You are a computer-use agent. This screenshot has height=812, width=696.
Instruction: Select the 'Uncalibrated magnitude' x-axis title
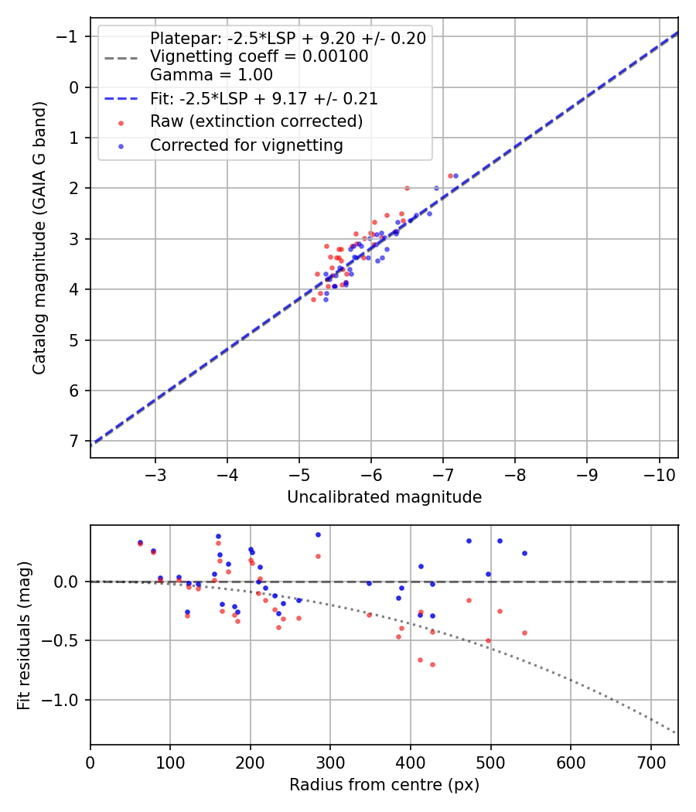point(384,497)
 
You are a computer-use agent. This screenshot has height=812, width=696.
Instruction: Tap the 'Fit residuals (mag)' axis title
point(24,635)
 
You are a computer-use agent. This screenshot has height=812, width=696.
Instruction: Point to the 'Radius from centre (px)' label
point(384,785)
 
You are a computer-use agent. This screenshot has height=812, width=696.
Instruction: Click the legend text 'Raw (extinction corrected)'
point(256,121)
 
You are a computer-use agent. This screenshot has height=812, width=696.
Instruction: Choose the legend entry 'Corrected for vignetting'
point(247,145)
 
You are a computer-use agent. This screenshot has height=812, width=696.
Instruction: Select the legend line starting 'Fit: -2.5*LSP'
point(264,99)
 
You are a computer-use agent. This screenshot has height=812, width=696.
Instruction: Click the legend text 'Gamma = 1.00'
point(211,75)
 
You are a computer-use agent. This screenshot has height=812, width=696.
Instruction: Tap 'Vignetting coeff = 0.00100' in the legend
point(259,56)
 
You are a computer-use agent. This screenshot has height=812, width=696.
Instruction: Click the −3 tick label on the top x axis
point(155,473)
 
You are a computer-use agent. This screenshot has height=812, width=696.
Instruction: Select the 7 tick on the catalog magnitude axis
point(75,441)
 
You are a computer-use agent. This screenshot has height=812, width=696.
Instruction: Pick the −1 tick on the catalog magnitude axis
point(69,36)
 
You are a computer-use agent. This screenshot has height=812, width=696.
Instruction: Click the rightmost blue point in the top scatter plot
point(455,176)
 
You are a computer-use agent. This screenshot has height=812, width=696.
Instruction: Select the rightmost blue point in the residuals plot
point(524,553)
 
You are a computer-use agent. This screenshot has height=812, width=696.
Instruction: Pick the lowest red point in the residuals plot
point(432,664)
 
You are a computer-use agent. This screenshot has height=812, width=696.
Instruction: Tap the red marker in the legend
point(120,122)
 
